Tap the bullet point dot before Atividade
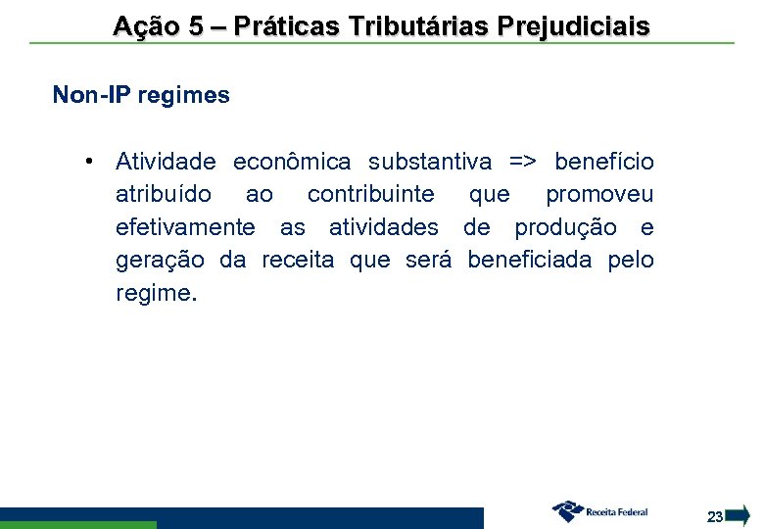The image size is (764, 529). click(x=88, y=161)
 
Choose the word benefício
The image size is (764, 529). click(x=604, y=162)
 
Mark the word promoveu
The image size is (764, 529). click(x=599, y=195)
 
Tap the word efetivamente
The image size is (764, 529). click(x=185, y=228)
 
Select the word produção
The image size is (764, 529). click(x=566, y=228)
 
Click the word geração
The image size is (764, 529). click(x=160, y=262)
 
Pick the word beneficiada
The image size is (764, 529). click(x=530, y=261)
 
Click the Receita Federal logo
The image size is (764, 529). click(x=599, y=510)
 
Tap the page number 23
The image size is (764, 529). click(x=715, y=516)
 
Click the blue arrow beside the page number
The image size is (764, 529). click(x=740, y=514)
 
